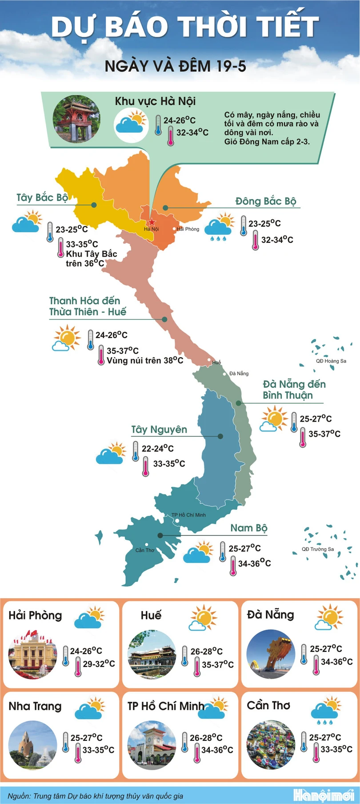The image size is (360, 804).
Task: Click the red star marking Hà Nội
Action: (152, 222)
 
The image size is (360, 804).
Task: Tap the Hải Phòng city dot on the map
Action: (174, 229)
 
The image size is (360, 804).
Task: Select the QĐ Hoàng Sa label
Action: (331, 361)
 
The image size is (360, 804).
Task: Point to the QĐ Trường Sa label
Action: (317, 549)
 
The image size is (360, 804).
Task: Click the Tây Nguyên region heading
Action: (159, 430)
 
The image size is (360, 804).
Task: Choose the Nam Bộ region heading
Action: (248, 528)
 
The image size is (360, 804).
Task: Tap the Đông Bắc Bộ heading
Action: (265, 201)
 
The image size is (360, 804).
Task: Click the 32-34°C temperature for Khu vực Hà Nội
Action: (192, 133)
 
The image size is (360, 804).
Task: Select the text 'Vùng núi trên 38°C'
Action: (144, 360)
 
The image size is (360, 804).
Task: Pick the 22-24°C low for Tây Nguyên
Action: (157, 448)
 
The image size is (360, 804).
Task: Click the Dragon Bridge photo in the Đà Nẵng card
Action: (270, 654)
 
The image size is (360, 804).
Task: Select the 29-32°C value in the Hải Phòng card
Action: (99, 664)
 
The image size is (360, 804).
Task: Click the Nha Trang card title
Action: (35, 706)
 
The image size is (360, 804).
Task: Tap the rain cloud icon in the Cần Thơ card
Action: (326, 710)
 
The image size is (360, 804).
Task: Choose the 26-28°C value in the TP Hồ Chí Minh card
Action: (206, 738)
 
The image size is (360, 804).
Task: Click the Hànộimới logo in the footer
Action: (323, 795)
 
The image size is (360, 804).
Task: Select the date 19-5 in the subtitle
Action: (230, 66)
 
